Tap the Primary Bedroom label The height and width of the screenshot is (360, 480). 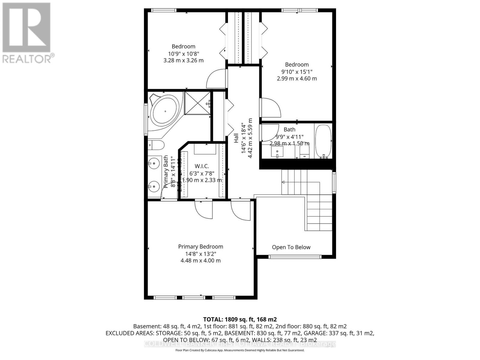click(x=200, y=247)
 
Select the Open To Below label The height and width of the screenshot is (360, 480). click(x=291, y=247)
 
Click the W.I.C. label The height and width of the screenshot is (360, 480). click(x=202, y=166)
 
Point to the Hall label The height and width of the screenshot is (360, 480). click(x=236, y=138)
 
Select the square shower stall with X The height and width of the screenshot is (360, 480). click(x=197, y=103)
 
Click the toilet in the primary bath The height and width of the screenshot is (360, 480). click(x=156, y=145)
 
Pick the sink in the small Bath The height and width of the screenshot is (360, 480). click(x=277, y=152)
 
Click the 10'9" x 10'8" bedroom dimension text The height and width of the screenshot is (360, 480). click(x=183, y=54)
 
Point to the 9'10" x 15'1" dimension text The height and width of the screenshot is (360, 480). click(x=297, y=72)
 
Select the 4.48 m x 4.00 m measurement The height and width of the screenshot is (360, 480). click(x=200, y=261)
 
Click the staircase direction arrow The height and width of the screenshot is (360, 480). click(x=283, y=182)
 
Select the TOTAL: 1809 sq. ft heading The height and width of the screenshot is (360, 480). click(x=240, y=319)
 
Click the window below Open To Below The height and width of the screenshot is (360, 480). click(x=295, y=257)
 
